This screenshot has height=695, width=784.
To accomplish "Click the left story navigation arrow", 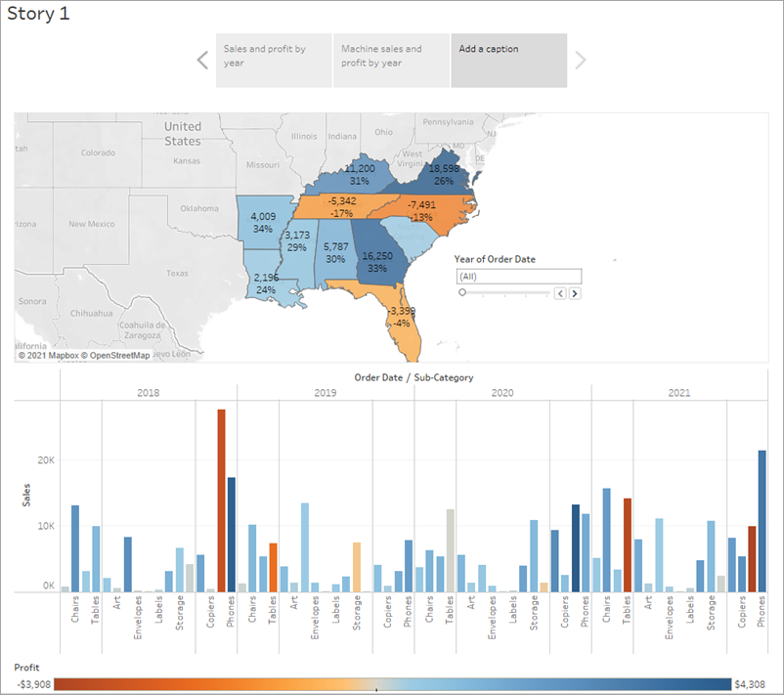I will coord(202,61).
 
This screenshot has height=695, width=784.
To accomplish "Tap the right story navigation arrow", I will coord(581,61).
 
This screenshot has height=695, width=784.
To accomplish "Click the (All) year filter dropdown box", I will coord(518,277).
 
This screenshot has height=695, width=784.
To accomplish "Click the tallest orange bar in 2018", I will coord(221,499).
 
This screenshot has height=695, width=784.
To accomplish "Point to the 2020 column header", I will coord(501,392).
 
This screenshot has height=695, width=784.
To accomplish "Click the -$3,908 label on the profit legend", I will coord(32,684).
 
